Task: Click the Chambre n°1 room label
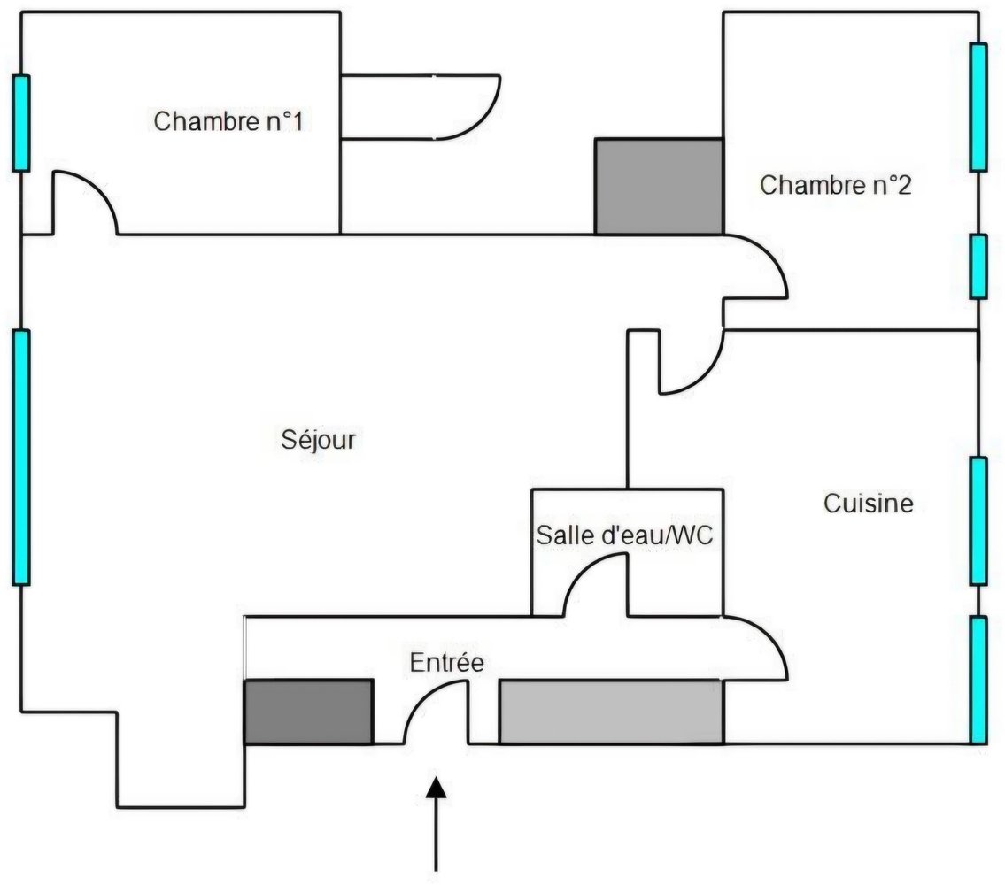click(228, 121)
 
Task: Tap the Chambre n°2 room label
click(836, 186)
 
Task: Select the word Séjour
click(319, 439)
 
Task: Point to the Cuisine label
click(869, 504)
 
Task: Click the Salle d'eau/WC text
click(624, 535)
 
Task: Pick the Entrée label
click(447, 662)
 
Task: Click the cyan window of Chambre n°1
click(21, 123)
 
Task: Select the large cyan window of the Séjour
click(21, 457)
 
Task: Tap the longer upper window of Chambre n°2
click(978, 106)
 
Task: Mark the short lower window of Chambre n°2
click(978, 266)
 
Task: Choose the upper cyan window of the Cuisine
click(978, 520)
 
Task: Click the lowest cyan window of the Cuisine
click(978, 680)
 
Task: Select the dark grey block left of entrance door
click(308, 712)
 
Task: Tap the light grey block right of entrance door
click(611, 712)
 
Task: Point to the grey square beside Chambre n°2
click(659, 187)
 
